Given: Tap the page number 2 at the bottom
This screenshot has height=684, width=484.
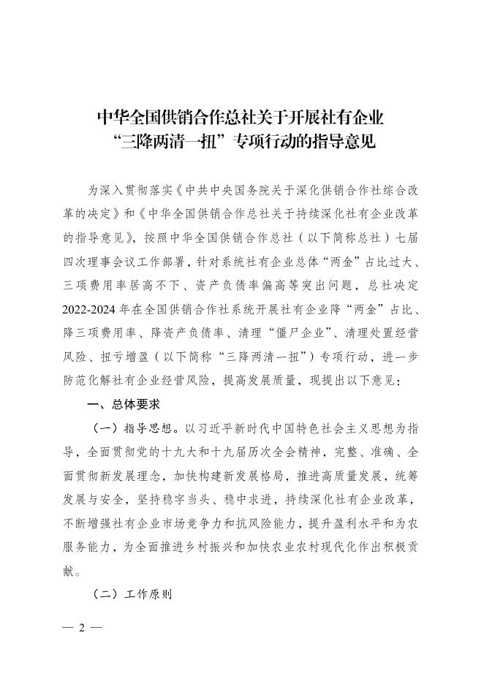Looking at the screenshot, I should pyautogui.click(x=83, y=628).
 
